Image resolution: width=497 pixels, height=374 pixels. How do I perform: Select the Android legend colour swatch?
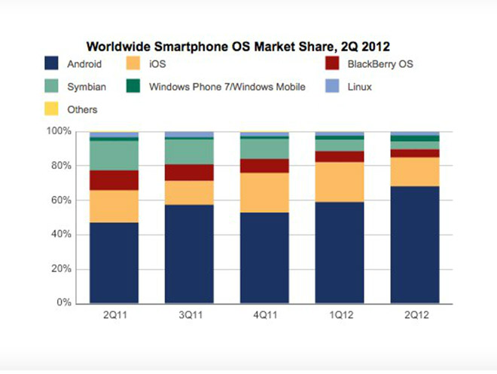52,64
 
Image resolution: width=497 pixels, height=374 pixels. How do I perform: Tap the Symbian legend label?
87,87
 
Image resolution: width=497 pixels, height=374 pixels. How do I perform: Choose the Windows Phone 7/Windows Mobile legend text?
227,87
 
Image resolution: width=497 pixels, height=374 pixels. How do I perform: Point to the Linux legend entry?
361,87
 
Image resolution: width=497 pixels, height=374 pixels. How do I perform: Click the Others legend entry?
82,109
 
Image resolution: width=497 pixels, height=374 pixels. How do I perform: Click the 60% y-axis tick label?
63,201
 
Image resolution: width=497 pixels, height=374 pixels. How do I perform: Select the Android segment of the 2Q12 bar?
415,245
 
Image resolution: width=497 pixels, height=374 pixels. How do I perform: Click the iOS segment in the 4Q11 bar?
264,192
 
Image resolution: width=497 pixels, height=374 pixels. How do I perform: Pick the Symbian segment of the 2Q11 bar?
114,155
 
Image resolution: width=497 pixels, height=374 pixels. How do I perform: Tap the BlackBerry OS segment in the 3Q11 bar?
189,173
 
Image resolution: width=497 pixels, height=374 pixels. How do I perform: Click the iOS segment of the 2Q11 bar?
114,206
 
